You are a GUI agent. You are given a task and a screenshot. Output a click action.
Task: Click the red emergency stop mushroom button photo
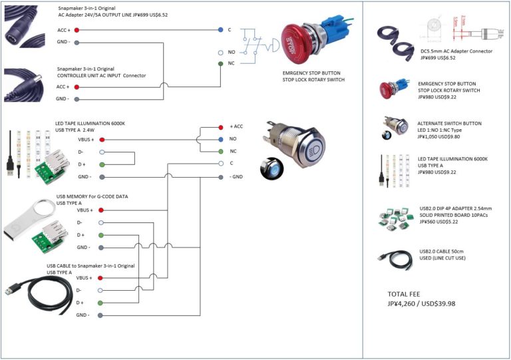(x=299, y=44)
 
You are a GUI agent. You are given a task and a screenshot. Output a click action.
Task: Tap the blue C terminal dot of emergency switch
(x=220, y=30)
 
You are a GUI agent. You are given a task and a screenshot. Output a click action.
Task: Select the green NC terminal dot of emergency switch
(x=220, y=64)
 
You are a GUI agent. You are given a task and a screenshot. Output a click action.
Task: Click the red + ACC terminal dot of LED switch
(x=220, y=126)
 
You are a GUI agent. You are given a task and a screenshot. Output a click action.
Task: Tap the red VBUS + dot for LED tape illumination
(x=102, y=140)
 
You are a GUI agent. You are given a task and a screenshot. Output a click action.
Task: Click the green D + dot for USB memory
(x=102, y=235)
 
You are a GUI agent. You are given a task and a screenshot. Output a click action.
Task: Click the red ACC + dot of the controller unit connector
(x=78, y=87)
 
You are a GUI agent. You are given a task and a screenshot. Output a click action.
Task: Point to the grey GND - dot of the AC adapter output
(x=78, y=43)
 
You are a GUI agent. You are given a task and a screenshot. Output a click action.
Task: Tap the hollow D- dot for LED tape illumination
(x=102, y=152)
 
